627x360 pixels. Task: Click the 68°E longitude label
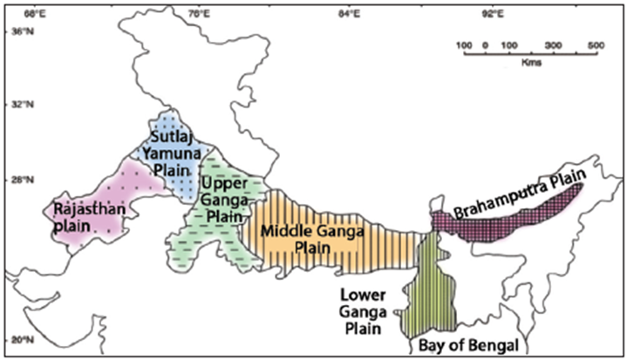pyautogui.click(x=35, y=14)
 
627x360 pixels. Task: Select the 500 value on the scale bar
pyautogui.click(x=596, y=44)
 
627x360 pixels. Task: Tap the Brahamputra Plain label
pyautogui.click(x=518, y=200)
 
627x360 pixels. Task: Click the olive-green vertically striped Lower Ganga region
pyautogui.click(x=429, y=288)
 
